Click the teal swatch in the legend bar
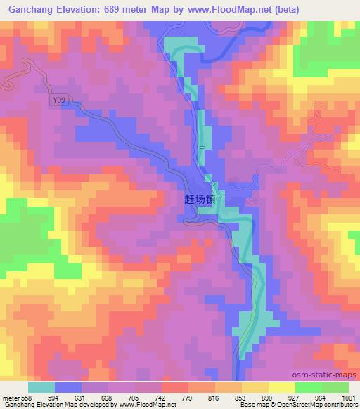pos(41,387)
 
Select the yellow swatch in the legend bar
pos(281,387)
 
